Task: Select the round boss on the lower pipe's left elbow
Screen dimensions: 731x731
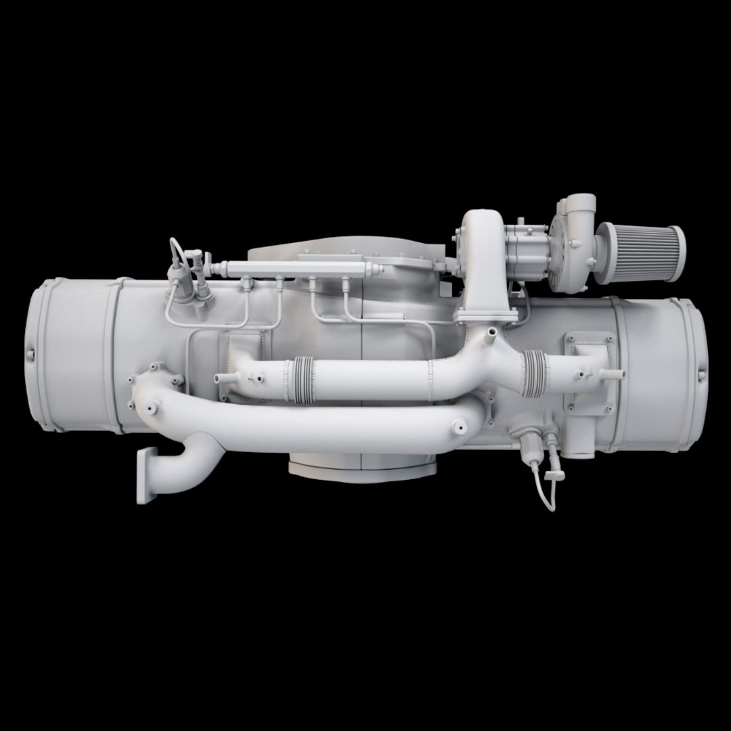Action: point(148,409)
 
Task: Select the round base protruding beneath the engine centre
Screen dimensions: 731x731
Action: point(362,467)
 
